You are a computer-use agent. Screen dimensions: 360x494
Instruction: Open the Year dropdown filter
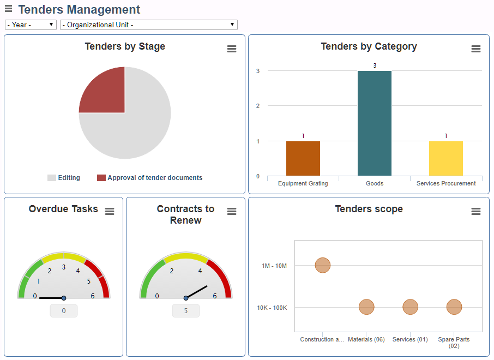point(31,25)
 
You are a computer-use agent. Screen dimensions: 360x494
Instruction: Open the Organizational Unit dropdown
point(148,25)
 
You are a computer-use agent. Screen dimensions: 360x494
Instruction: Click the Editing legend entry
point(64,178)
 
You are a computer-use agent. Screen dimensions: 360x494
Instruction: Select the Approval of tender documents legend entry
point(149,178)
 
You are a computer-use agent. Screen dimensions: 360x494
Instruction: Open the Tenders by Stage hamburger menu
point(232,49)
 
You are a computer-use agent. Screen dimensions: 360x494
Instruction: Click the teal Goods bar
point(375,123)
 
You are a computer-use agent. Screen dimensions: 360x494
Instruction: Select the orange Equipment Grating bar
point(303,158)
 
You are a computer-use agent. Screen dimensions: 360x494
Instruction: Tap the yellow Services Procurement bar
point(446,158)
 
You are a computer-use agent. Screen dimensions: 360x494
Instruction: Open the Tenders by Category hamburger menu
point(476,49)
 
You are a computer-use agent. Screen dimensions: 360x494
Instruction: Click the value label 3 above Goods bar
point(375,65)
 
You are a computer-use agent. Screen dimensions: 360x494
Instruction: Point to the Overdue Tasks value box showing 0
point(64,311)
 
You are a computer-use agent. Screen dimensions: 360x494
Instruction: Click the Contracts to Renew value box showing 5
point(186,311)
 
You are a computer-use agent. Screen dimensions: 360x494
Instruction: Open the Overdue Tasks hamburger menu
point(110,212)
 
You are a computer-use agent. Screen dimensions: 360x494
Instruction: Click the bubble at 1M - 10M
point(323,266)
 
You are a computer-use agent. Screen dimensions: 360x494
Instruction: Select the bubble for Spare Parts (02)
point(454,308)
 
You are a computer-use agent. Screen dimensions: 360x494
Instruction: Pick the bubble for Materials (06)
point(366,308)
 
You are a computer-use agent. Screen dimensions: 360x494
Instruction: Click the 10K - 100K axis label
point(272,308)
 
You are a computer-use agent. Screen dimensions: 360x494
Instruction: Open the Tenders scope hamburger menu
point(476,212)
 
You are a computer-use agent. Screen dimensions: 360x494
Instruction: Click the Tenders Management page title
point(79,10)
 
